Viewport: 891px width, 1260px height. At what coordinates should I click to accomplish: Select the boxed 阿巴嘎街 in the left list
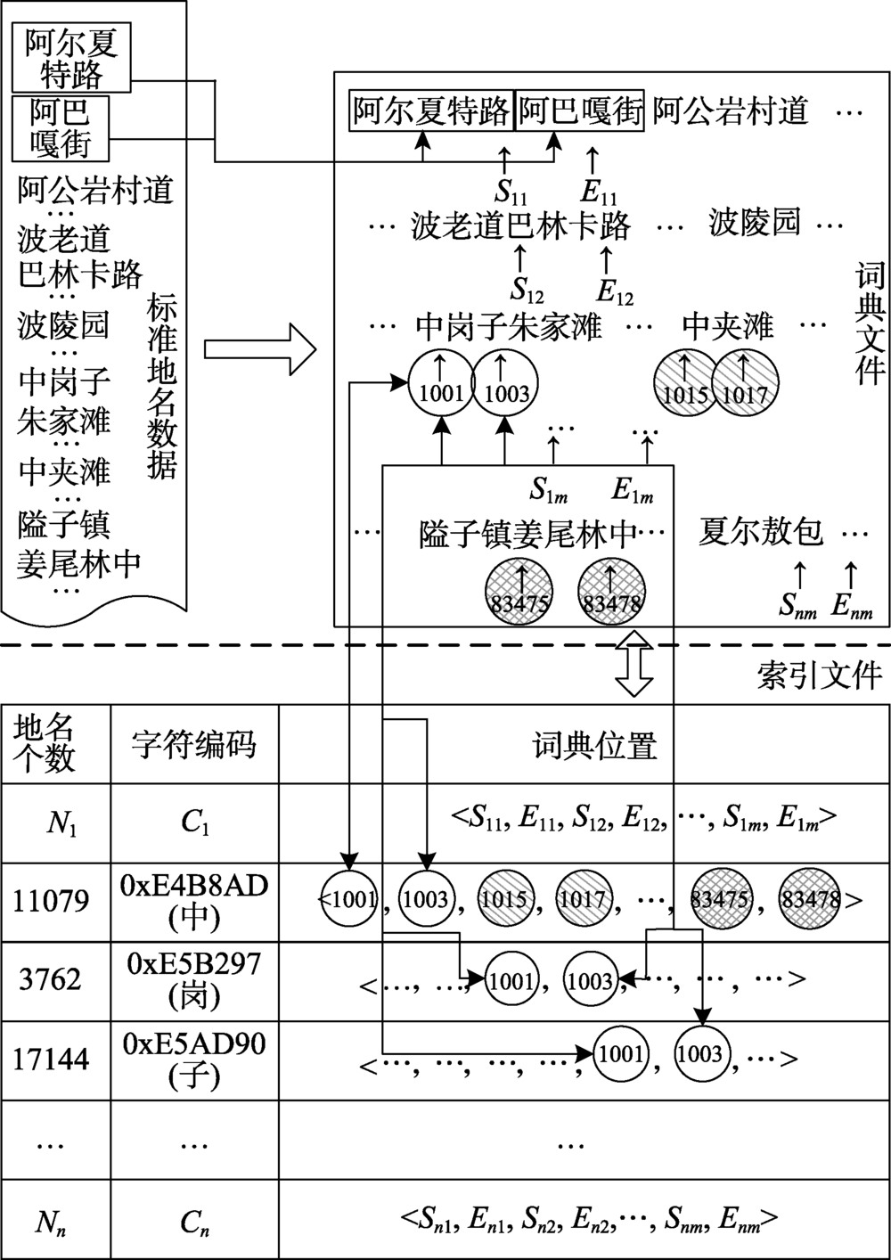coord(61,128)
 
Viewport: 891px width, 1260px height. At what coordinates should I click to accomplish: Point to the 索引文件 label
coord(819,675)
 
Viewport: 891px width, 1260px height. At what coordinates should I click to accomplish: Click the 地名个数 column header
coord(45,744)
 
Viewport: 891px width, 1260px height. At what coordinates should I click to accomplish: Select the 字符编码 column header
coord(193,744)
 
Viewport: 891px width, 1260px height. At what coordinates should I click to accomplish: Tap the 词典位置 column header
coord(594,745)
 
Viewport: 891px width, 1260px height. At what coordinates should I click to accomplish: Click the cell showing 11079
coord(51,902)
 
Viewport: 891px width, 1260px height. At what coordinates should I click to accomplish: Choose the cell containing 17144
coord(51,1060)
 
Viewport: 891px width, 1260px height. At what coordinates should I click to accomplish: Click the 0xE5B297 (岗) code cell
coord(194,980)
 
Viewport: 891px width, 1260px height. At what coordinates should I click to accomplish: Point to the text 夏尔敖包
coord(761,533)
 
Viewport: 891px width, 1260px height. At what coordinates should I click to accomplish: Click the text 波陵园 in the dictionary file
coord(755,222)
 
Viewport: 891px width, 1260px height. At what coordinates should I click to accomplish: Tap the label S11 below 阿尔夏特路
coord(511,192)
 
